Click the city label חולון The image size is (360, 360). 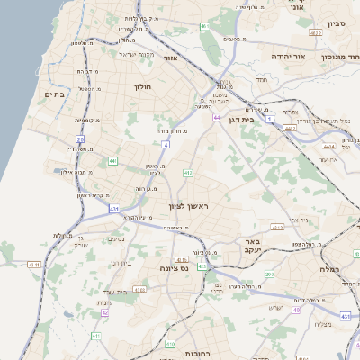[145, 87]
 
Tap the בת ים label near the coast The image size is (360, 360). [54, 94]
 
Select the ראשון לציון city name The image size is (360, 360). [188, 207]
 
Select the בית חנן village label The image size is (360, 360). [120, 263]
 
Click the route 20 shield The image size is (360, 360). [79, 139]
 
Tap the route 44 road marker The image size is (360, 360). [217, 117]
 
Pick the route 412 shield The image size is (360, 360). [188, 173]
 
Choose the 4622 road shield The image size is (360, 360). [290, 129]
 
